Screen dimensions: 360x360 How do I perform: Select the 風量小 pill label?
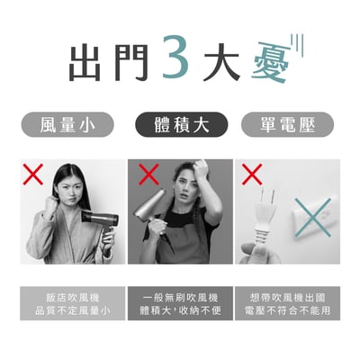coord(73,124)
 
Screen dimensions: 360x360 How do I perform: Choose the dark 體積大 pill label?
coord(179,124)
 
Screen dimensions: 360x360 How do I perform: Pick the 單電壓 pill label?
coord(287,124)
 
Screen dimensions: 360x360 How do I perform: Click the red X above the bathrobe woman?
coord(34,175)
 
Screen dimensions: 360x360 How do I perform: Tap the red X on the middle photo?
coord(149,175)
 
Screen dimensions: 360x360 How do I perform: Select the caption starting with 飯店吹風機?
coord(73,303)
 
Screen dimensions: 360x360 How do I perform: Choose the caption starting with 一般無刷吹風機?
coord(180,303)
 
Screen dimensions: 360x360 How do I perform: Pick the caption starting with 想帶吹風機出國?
coord(287,303)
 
